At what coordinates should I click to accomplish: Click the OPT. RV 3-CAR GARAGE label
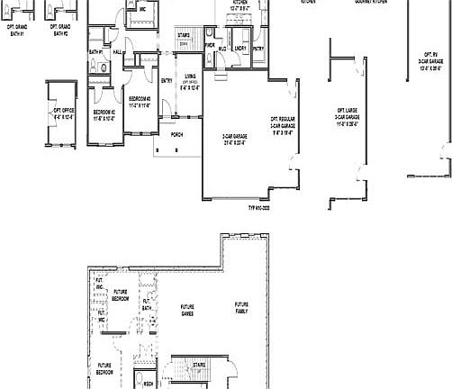click(432, 60)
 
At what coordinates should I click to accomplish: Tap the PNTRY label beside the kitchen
click(258, 49)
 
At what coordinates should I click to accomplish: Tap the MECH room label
click(147, 382)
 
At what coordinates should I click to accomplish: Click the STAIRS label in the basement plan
click(199, 365)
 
